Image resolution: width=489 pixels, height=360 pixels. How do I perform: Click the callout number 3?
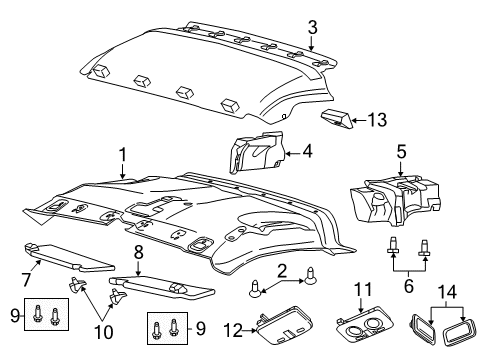point(313,27)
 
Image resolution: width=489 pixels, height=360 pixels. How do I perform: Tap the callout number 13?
point(375,121)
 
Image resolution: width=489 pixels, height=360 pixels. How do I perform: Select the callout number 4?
point(308,153)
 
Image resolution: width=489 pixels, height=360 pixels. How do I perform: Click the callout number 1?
point(123,155)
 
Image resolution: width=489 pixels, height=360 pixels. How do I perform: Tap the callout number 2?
point(282,271)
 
